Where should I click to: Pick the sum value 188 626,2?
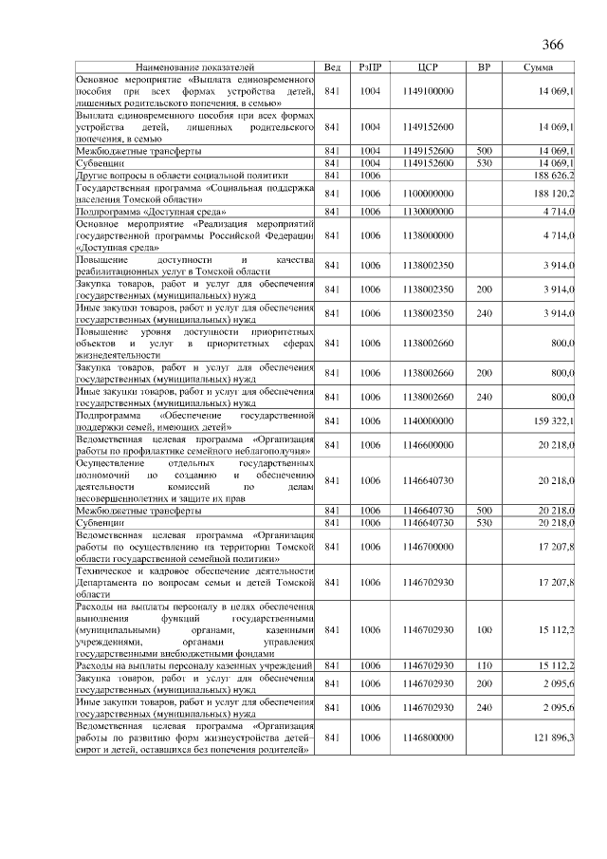(555, 176)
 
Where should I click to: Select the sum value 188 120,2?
(555, 194)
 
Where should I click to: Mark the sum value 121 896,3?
(555, 737)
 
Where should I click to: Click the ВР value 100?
(484, 629)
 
